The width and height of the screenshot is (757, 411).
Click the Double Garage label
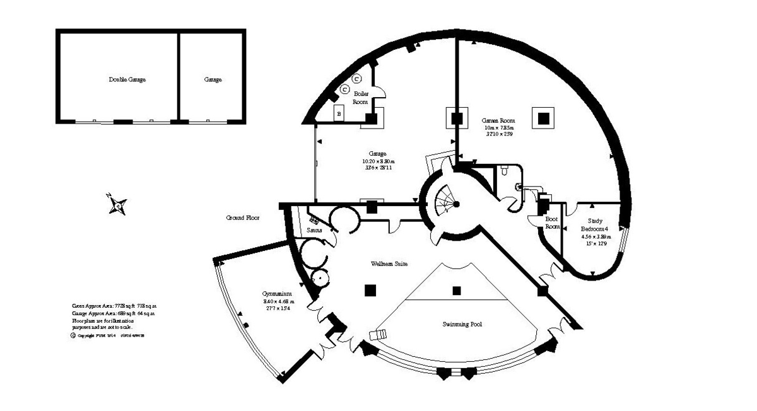(x=127, y=80)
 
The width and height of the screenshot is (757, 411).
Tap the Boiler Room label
(x=360, y=97)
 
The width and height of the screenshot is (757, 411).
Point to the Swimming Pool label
(x=462, y=324)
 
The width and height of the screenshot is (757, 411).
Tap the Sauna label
(x=315, y=230)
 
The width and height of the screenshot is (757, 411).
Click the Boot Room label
(x=553, y=223)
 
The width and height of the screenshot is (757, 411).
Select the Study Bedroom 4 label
(x=595, y=224)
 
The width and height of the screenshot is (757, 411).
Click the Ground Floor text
(x=243, y=218)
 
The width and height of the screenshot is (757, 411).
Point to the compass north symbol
(x=117, y=204)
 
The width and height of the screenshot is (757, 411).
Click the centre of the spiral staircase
(x=455, y=203)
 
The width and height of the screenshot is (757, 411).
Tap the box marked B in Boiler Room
(x=339, y=113)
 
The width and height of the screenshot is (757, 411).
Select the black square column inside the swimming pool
(x=457, y=291)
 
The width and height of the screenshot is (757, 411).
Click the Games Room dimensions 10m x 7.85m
(x=498, y=127)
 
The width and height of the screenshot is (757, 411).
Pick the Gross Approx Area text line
(x=114, y=306)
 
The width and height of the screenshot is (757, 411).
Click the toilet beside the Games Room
(x=505, y=170)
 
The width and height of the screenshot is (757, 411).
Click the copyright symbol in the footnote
(x=73, y=336)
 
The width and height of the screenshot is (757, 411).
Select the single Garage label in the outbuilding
(x=213, y=80)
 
